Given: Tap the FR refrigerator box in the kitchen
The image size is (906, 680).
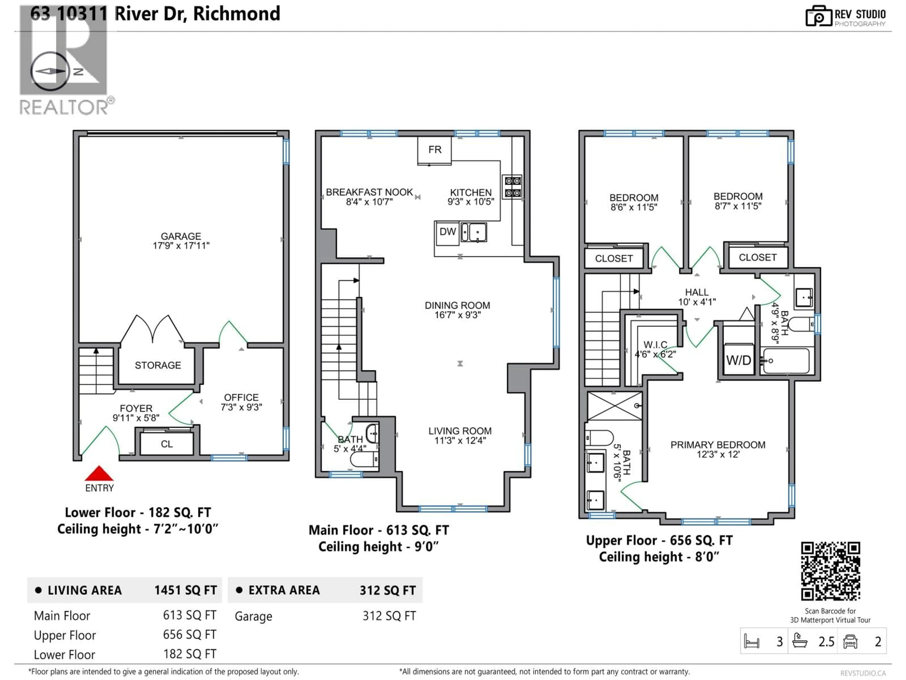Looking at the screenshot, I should point(435,150).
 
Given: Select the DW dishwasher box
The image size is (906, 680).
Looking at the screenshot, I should point(447,232).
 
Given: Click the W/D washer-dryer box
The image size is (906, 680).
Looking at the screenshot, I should point(738,360).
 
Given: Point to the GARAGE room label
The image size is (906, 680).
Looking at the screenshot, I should point(181,237).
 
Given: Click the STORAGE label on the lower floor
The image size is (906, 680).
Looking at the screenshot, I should point(158,365).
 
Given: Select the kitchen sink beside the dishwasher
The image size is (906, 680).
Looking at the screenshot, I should point(474,232).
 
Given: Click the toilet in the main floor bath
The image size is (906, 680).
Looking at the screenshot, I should point(364,459).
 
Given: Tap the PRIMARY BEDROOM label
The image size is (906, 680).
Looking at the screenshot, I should point(717,445).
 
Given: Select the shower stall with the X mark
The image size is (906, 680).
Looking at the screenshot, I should point(614,406).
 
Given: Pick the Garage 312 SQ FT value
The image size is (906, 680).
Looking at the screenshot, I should point(389,616).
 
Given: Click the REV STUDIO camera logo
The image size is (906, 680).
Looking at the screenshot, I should point(818,16).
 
